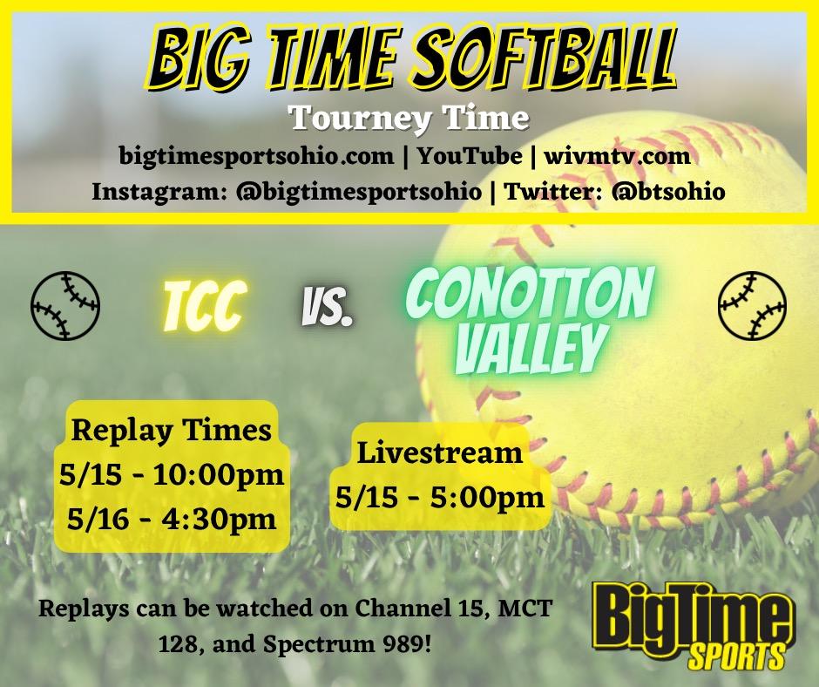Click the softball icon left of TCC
pos(65,305)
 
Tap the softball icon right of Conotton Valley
pos(753,305)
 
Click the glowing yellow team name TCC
pos(204,306)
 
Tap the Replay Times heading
pos(172,432)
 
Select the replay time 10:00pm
pos(219,476)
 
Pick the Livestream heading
pos(440,452)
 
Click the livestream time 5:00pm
pos(487,498)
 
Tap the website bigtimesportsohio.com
pos(256,156)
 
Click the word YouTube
pos(470,156)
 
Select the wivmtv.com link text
pos(618,156)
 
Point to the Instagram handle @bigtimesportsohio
pos(358,191)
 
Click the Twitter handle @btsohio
pos(668,191)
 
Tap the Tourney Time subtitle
pos(409,119)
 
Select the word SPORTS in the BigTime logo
pos(736,655)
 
